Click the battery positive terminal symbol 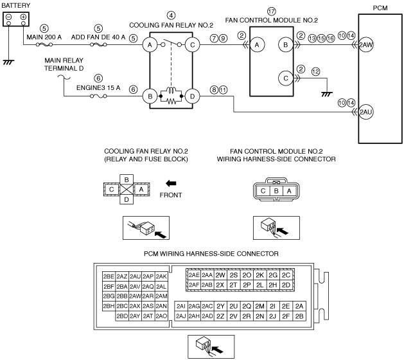[24, 17]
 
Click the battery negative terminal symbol [8, 17]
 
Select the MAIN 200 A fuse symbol [44, 44]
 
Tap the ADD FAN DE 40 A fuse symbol [98, 44]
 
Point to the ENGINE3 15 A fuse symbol [98, 96]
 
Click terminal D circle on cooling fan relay [192, 96]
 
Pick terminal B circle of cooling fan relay [150, 96]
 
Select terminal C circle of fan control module [285, 78]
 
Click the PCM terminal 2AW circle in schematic [366, 44]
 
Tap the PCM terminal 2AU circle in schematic [366, 112]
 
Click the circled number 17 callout [271, 12]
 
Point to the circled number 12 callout [315, 71]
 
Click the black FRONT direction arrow [171, 184]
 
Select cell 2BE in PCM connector [109, 276]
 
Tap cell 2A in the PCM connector [299, 306]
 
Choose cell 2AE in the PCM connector [194, 275]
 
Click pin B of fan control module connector [276, 191]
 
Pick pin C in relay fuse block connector [111, 190]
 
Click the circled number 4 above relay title [171, 15]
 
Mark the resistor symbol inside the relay [171, 102]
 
